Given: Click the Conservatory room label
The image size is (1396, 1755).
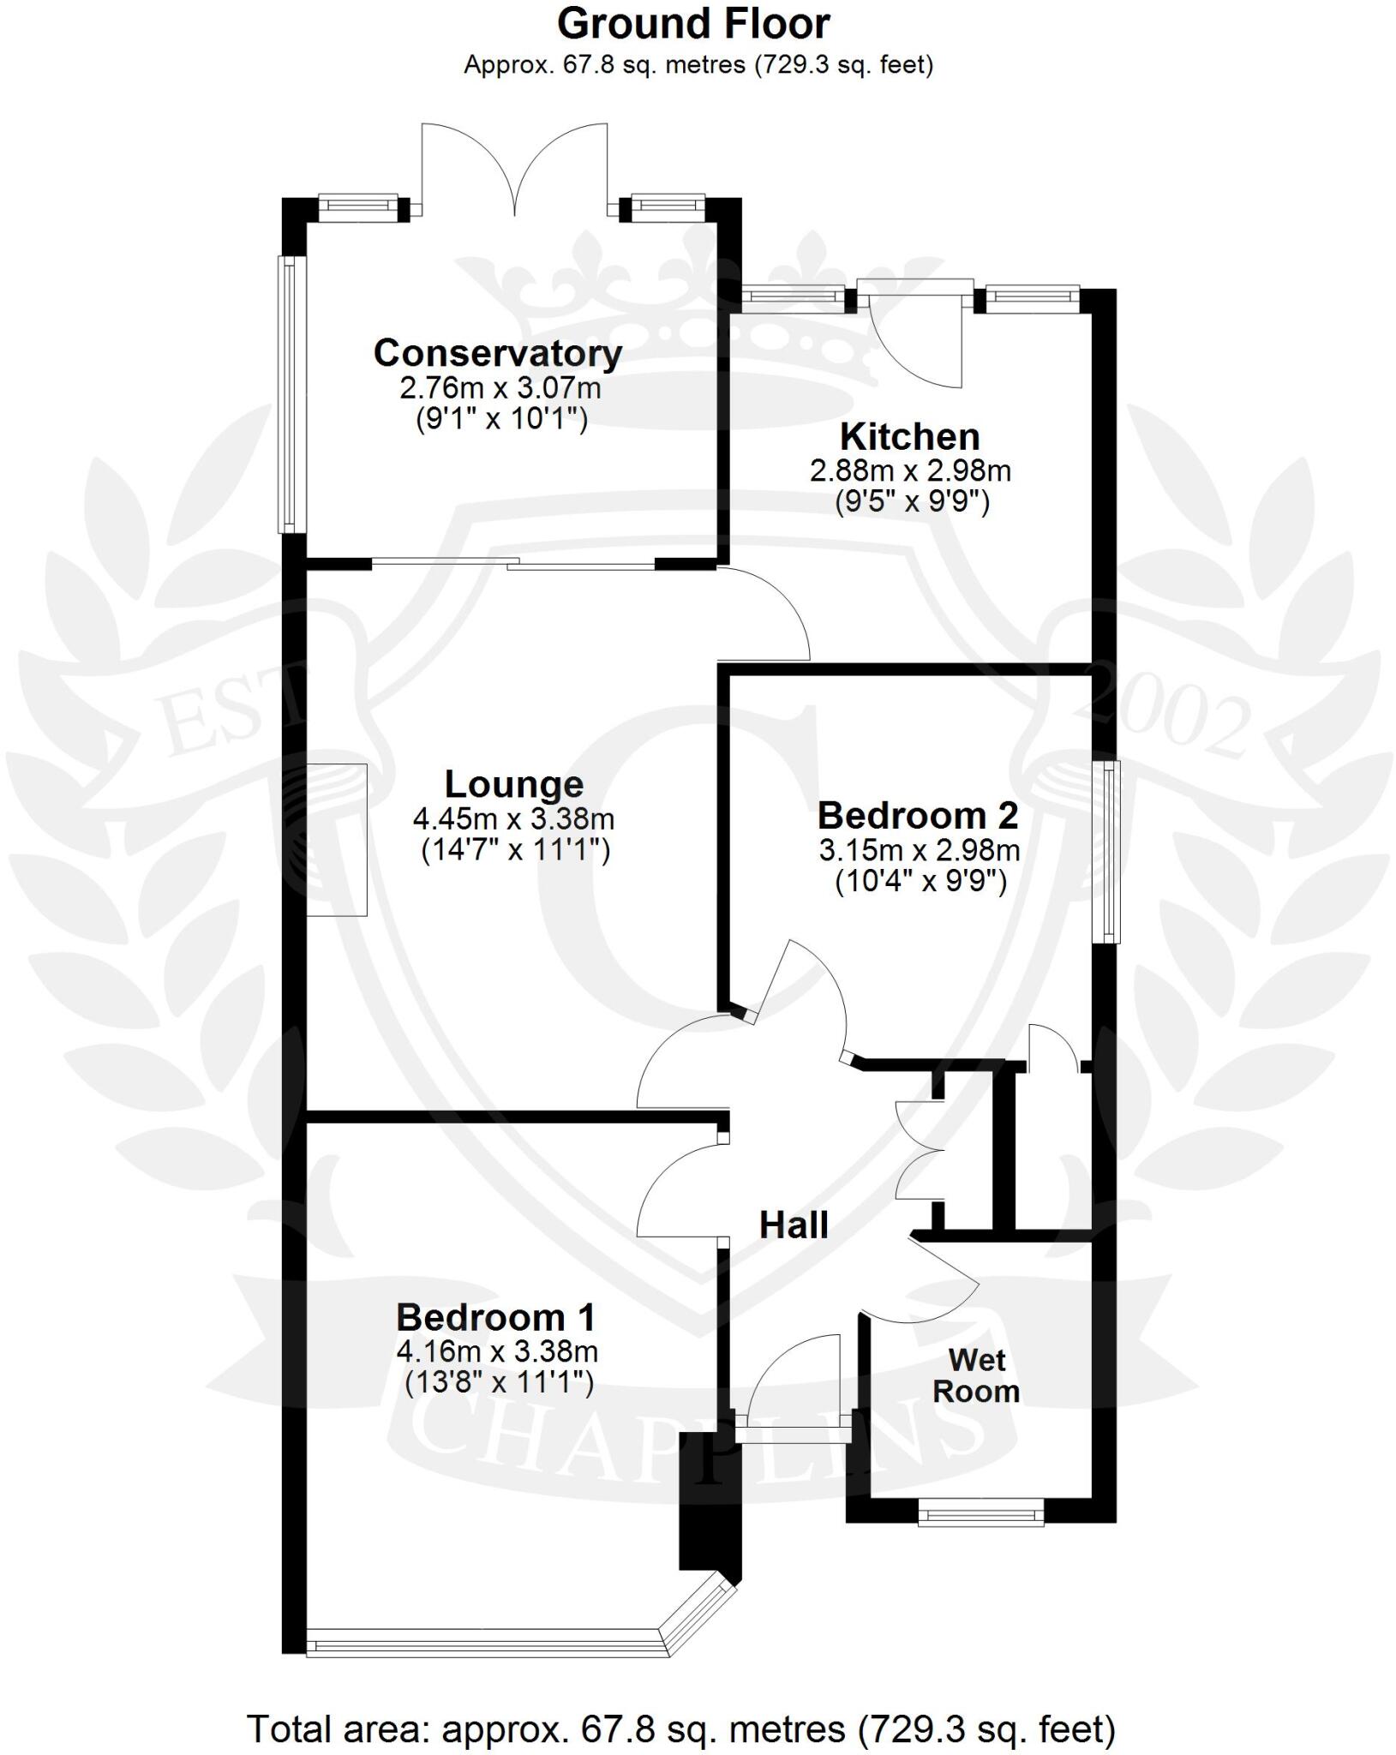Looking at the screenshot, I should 497,353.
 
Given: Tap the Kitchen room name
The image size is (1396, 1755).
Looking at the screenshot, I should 909,437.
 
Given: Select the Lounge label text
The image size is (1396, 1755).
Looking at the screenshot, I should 513,784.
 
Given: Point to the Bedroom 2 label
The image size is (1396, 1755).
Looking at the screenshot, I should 917,816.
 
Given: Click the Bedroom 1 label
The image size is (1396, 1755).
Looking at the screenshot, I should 495,1317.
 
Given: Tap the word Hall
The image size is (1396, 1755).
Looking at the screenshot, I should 794,1225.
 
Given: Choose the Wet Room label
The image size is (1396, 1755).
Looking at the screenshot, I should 976,1375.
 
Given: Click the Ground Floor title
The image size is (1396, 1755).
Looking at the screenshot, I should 692,24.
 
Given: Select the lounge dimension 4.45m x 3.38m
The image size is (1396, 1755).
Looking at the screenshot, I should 513,819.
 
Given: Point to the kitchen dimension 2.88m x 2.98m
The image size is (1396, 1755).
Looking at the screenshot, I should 910,470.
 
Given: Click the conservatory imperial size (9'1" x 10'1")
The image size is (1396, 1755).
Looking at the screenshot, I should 501,420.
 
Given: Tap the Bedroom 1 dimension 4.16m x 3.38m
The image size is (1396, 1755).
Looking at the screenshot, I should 496,1351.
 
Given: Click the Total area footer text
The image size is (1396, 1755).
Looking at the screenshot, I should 681,1705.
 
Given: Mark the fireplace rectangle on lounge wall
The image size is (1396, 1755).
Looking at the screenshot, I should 337,840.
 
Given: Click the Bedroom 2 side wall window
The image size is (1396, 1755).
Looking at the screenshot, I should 1110,852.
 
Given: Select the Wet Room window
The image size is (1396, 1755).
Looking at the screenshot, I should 980,1513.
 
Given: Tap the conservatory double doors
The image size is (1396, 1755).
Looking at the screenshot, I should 514,171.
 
